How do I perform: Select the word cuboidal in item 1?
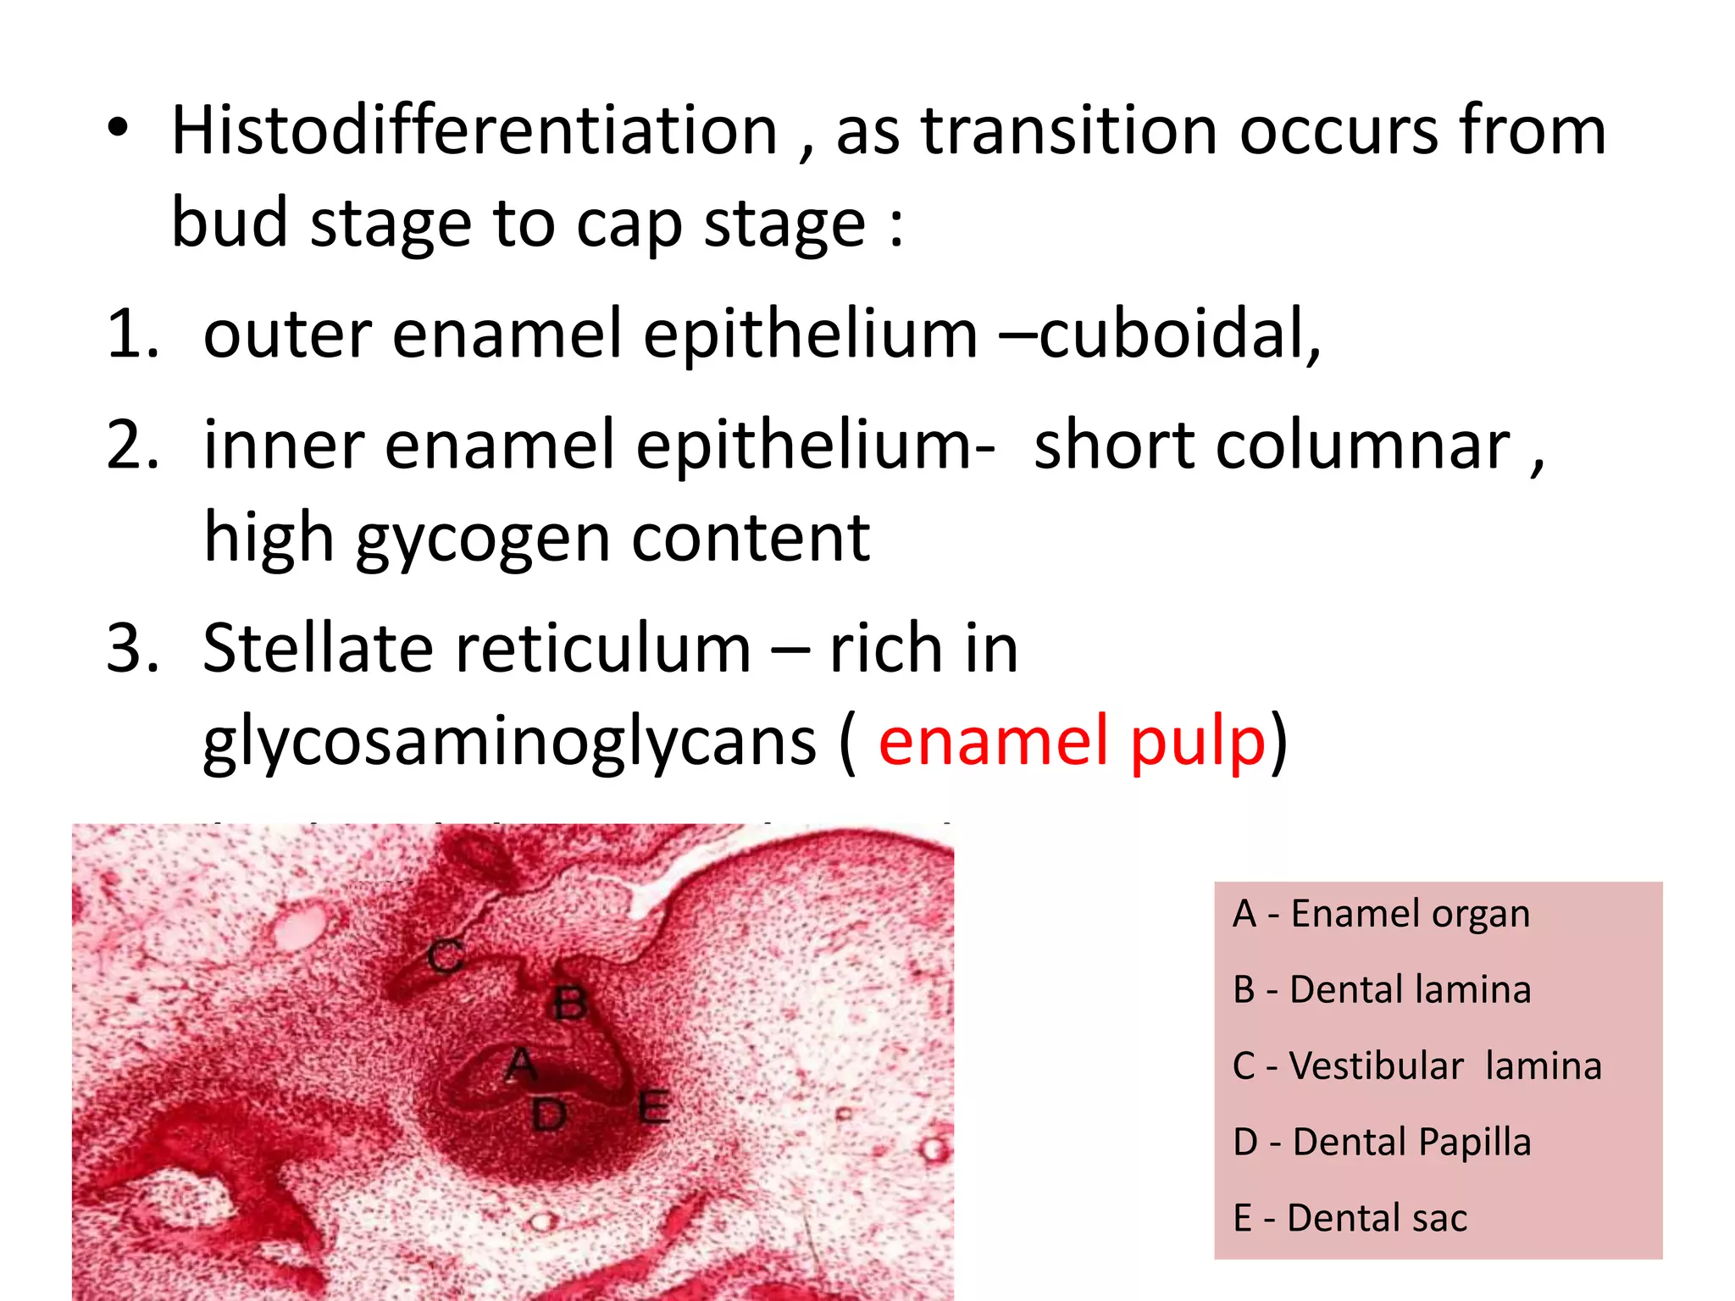point(1178,334)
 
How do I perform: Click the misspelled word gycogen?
point(483,540)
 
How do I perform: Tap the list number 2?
point(130,446)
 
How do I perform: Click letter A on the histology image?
point(521,1065)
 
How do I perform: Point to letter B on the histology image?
point(569,1005)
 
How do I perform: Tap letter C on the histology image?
point(445,957)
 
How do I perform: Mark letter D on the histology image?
point(549,1115)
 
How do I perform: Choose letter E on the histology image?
point(653,1107)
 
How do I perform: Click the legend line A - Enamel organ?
point(1381,914)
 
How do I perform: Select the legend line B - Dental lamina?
point(1382,990)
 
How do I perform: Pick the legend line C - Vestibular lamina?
point(1416,1066)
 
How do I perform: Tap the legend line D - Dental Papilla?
point(1382,1143)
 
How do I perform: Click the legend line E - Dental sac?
point(1350,1219)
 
